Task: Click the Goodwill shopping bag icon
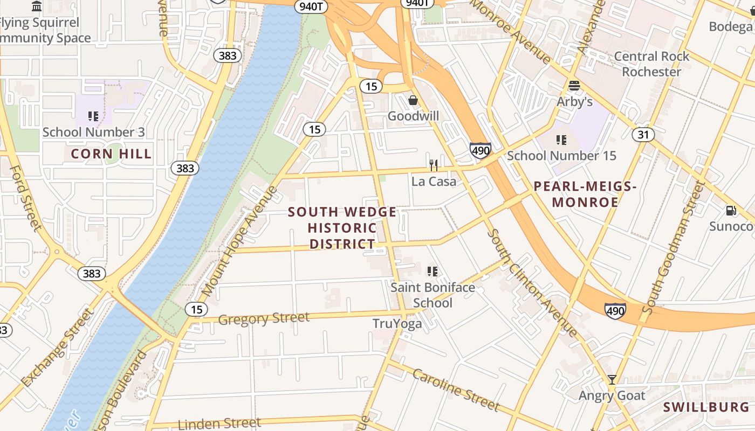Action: [x=413, y=100]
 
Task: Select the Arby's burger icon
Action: [x=574, y=86]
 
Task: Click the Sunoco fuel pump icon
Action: [x=731, y=211]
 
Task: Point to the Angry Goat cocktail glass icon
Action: [x=612, y=380]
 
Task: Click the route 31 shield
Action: [x=643, y=134]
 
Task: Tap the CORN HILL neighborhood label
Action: [x=111, y=154]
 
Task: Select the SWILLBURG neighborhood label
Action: [x=706, y=407]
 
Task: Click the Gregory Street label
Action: [x=264, y=318]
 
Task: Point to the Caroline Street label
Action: [x=456, y=390]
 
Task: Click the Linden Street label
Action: [x=219, y=423]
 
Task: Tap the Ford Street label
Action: [x=26, y=197]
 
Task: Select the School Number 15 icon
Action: [x=561, y=140]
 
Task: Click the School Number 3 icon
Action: [x=93, y=116]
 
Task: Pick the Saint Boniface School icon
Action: [x=433, y=271]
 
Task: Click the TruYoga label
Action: [x=397, y=324]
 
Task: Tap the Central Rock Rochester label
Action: [x=651, y=64]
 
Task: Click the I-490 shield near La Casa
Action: [x=480, y=149]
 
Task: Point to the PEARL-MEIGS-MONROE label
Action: [x=585, y=194]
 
